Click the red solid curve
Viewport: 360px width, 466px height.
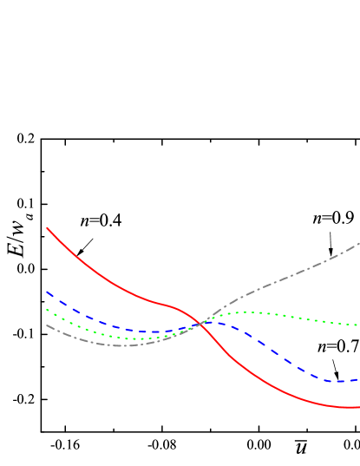(x=104, y=276)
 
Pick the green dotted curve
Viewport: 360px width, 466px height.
(x=286, y=316)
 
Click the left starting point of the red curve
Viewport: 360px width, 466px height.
(x=47, y=228)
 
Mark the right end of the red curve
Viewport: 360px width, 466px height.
(x=358, y=407)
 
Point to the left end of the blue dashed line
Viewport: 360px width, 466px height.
(x=47, y=292)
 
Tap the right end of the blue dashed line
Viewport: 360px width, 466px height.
(x=358, y=379)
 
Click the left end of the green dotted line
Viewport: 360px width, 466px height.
(x=47, y=310)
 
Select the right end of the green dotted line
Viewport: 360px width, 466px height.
(x=358, y=325)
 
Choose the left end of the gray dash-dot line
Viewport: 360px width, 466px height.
(x=47, y=325)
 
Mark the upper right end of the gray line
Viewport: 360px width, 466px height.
(x=358, y=244)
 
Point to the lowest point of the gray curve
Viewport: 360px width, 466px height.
(x=121, y=345)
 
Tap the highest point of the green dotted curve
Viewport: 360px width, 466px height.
(x=247, y=312)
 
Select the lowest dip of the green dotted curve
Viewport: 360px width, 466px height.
(x=139, y=338)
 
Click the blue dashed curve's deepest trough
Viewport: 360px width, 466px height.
(x=334, y=381)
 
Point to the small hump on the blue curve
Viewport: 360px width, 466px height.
(x=213, y=322)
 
